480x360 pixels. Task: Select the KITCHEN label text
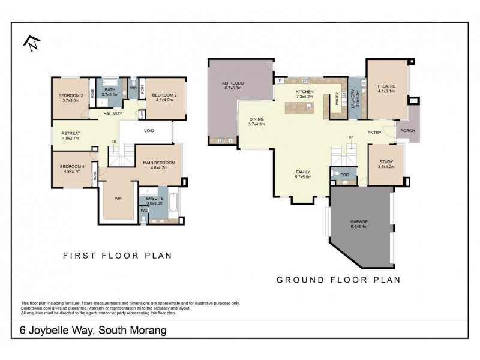click(305, 91)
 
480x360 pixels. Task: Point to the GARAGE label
click(359, 221)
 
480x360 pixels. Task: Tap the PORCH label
click(407, 131)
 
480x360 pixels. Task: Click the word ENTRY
click(374, 133)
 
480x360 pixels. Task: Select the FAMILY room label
click(302, 172)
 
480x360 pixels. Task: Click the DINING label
click(256, 119)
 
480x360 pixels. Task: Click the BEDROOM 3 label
click(70, 96)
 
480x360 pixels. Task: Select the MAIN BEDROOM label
click(158, 163)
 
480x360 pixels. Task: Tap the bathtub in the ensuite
click(172, 205)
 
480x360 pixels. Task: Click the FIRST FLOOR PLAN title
click(118, 256)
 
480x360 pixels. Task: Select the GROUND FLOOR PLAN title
click(338, 280)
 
